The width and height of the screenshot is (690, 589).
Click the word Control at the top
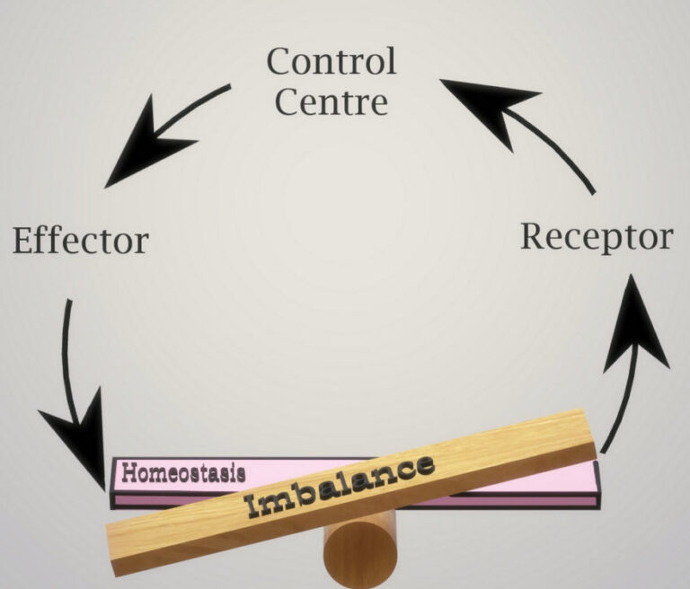point(332,61)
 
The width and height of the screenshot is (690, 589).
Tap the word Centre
point(332,101)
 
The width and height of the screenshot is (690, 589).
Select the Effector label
point(81,240)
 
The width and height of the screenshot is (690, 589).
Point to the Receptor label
point(597,238)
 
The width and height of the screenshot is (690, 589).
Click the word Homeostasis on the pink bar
point(183,473)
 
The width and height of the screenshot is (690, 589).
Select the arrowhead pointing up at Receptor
point(635,326)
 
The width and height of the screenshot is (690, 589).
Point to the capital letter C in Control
point(280,62)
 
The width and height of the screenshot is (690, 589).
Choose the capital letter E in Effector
point(23,240)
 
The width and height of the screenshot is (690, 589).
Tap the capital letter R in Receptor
point(534,236)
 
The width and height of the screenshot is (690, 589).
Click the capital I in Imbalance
point(254,505)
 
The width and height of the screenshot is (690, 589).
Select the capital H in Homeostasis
point(129,473)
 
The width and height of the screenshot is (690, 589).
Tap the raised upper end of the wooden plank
point(588,434)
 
